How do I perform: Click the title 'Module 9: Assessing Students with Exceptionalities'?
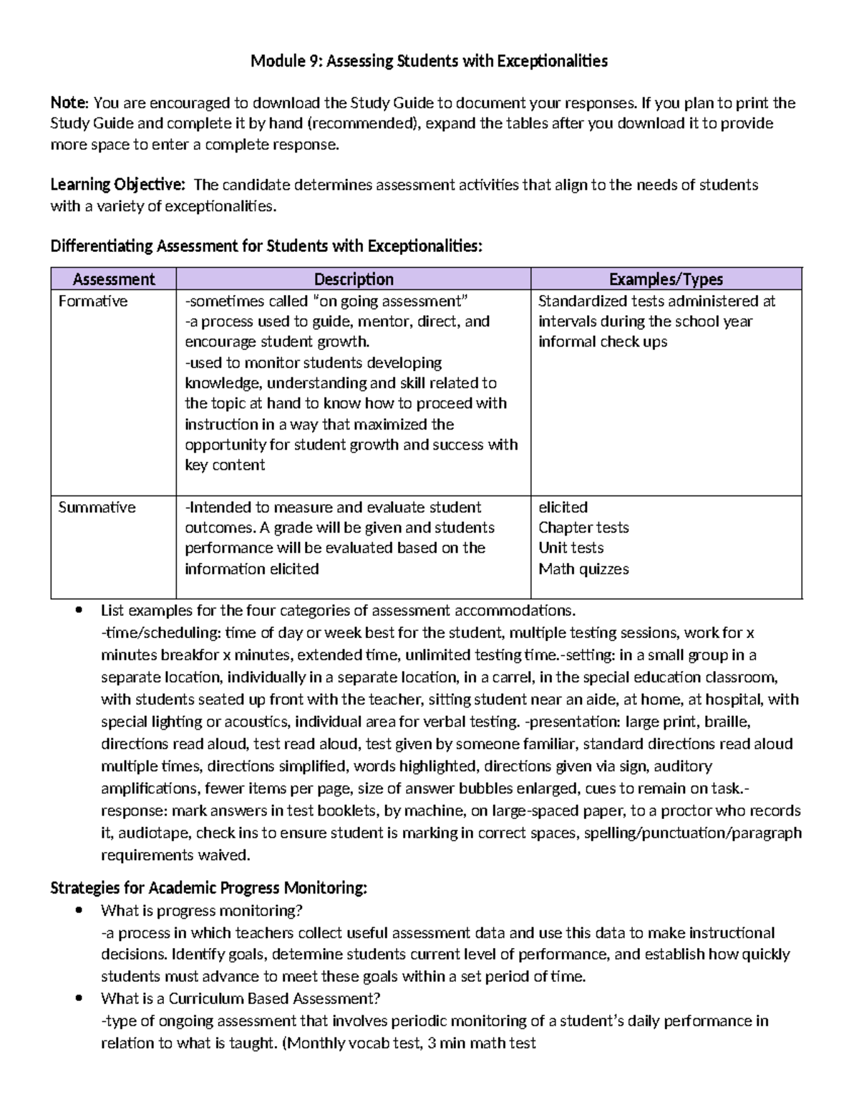pyautogui.click(x=429, y=61)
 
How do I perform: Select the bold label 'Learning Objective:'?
pyautogui.click(x=117, y=185)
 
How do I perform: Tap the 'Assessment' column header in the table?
pyautogui.click(x=114, y=279)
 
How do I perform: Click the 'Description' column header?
pyautogui.click(x=354, y=279)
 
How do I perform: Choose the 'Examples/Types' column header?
pyautogui.click(x=666, y=279)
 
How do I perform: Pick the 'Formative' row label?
pyautogui.click(x=93, y=301)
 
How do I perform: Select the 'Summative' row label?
pyautogui.click(x=97, y=508)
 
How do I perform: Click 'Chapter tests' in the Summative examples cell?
pyautogui.click(x=583, y=528)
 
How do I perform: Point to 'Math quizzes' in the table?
pyautogui.click(x=583, y=569)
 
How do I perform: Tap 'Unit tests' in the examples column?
pyautogui.click(x=571, y=548)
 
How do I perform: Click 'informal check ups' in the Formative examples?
pyautogui.click(x=603, y=342)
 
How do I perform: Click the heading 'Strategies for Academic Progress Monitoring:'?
pyautogui.click(x=208, y=889)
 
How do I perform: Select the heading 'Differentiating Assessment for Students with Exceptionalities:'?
pyautogui.click(x=266, y=247)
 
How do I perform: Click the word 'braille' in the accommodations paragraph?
pyautogui.click(x=727, y=722)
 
